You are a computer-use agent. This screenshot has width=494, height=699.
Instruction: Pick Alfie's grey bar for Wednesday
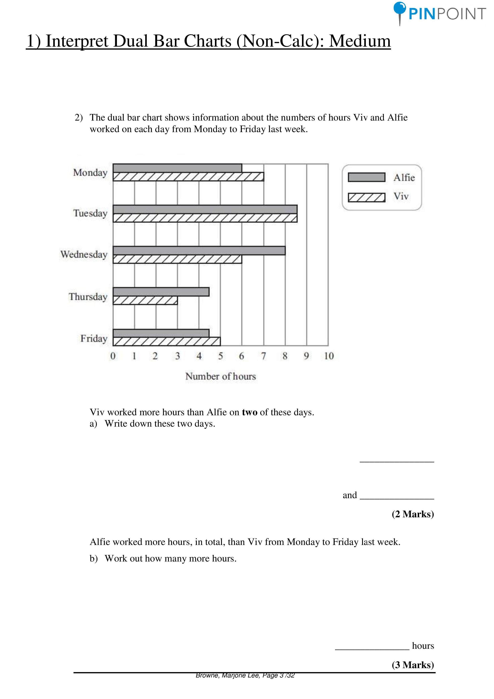click(199, 250)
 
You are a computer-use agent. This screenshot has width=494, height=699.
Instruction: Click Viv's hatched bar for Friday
click(167, 342)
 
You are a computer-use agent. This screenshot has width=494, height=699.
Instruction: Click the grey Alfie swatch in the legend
click(367, 177)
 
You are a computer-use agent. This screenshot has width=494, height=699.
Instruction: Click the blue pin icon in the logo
click(400, 9)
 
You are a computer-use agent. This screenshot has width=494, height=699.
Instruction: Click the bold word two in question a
click(250, 412)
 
